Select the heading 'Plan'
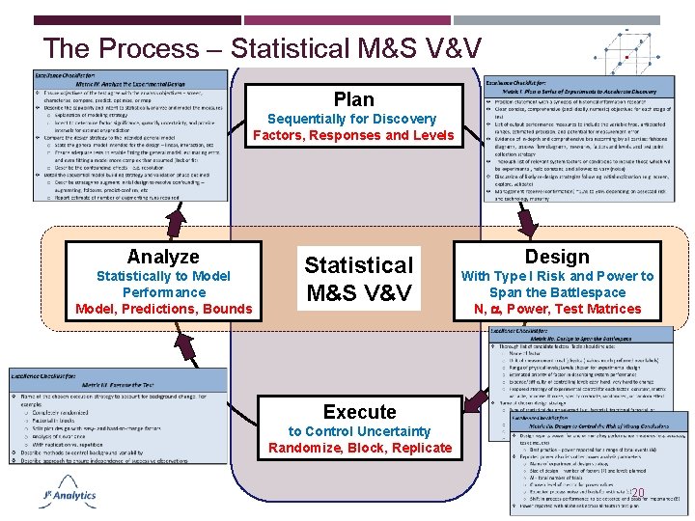(x=352, y=99)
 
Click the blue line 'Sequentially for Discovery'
(x=352, y=119)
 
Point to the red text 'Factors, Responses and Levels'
(x=352, y=135)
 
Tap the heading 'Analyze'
(x=163, y=257)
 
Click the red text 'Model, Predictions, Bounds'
(x=163, y=309)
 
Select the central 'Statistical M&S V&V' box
(x=358, y=277)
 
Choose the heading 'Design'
(x=557, y=257)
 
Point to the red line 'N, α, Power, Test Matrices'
(x=557, y=309)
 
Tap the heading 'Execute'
(x=359, y=412)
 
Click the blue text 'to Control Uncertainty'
(x=359, y=431)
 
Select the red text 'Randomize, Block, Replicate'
(x=359, y=448)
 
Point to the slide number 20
(x=636, y=493)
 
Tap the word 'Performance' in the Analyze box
(x=163, y=292)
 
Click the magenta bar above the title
(x=347, y=20)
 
